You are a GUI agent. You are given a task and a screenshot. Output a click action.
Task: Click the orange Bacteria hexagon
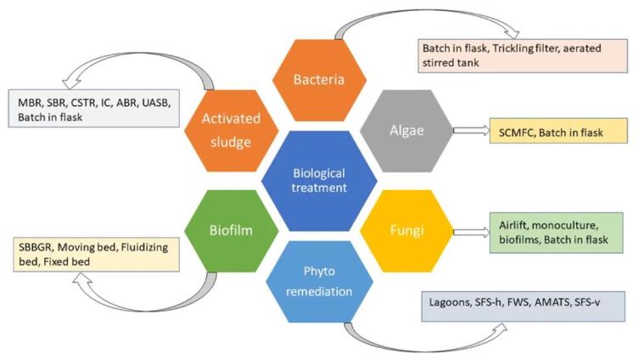(318, 79)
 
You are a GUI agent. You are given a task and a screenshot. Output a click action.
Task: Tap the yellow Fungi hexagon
(405, 228)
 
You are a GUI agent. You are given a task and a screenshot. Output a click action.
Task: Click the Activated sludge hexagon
(227, 130)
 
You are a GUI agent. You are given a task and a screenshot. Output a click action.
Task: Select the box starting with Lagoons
(523, 305)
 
